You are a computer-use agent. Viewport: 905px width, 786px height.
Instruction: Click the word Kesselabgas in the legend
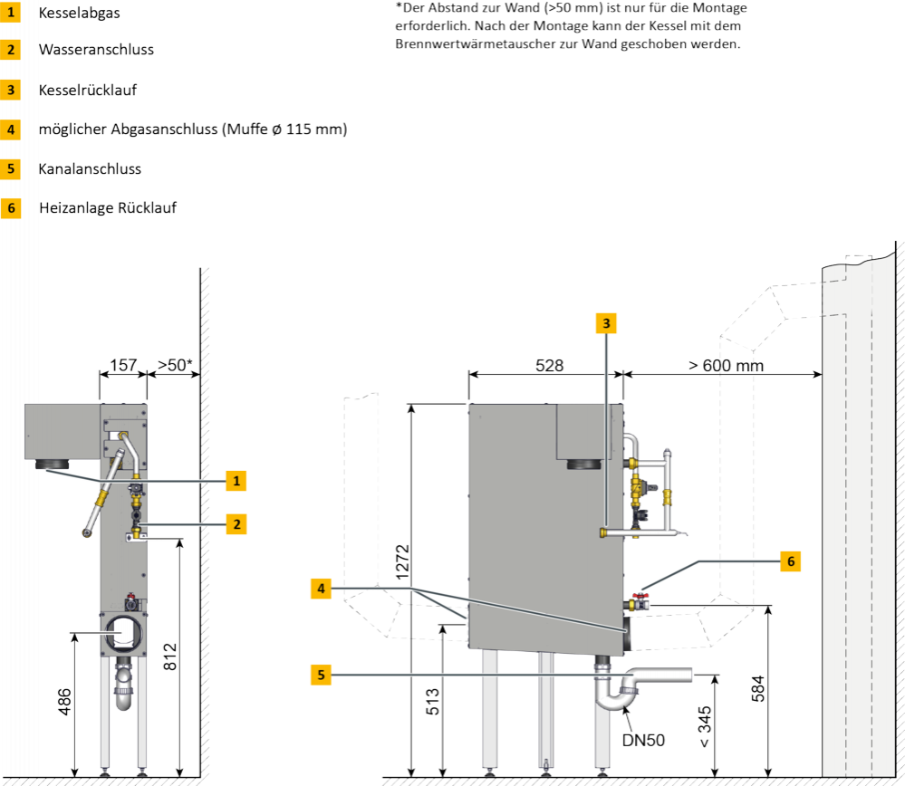(79, 13)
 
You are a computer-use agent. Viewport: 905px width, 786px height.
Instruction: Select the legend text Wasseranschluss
(95, 50)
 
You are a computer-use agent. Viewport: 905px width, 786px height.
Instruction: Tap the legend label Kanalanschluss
(89, 168)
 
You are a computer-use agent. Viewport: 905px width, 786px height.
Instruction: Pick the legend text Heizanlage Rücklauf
(107, 207)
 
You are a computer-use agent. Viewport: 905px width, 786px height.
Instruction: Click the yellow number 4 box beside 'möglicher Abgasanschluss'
(11, 129)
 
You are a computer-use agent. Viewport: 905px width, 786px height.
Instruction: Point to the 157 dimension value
(122, 366)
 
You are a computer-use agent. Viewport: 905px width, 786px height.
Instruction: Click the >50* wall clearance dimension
(174, 366)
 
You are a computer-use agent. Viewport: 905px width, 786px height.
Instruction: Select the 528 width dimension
(550, 366)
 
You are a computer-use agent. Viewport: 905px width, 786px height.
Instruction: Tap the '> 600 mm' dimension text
(725, 366)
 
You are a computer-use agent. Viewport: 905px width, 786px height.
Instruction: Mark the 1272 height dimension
(404, 561)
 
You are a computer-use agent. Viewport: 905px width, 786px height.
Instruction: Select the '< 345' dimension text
(706, 723)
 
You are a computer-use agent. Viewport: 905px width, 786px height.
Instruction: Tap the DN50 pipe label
(643, 740)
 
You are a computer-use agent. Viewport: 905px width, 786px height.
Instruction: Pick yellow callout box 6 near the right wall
(790, 561)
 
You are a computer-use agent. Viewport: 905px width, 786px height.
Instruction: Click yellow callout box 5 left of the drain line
(321, 674)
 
